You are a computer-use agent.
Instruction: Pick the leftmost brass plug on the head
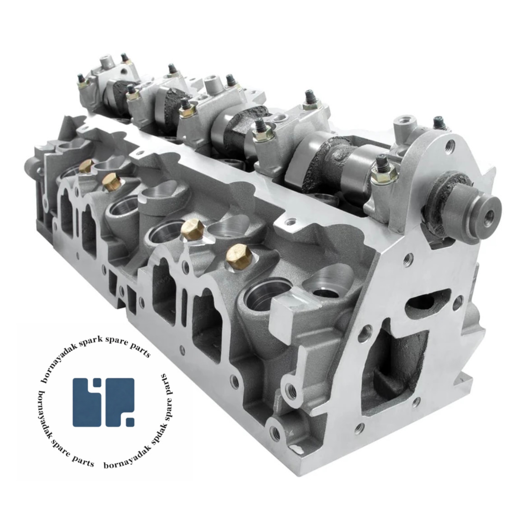(x=87, y=166)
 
